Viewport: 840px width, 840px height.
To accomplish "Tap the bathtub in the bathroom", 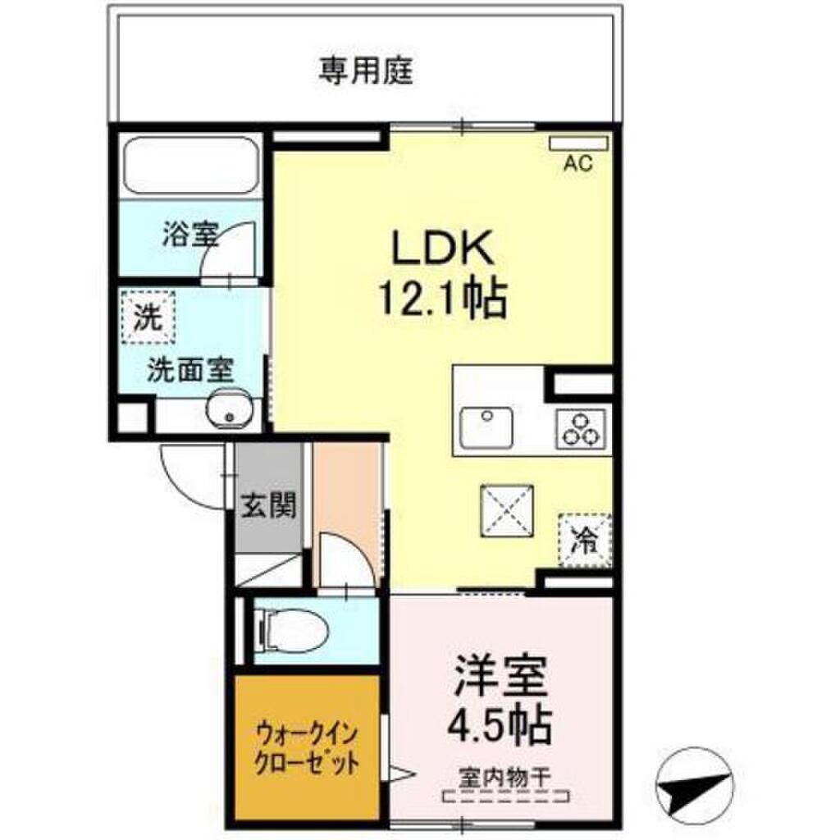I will tap(190, 166).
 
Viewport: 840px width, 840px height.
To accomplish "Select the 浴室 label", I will tap(189, 236).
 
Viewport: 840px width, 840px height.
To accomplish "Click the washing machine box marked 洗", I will tap(148, 317).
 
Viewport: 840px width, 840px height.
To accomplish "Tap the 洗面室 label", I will tap(189, 371).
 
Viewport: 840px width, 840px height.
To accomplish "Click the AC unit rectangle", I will tap(578, 144).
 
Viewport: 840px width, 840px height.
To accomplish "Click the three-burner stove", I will tap(582, 427).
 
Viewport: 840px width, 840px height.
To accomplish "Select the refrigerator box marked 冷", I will tap(585, 539).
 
